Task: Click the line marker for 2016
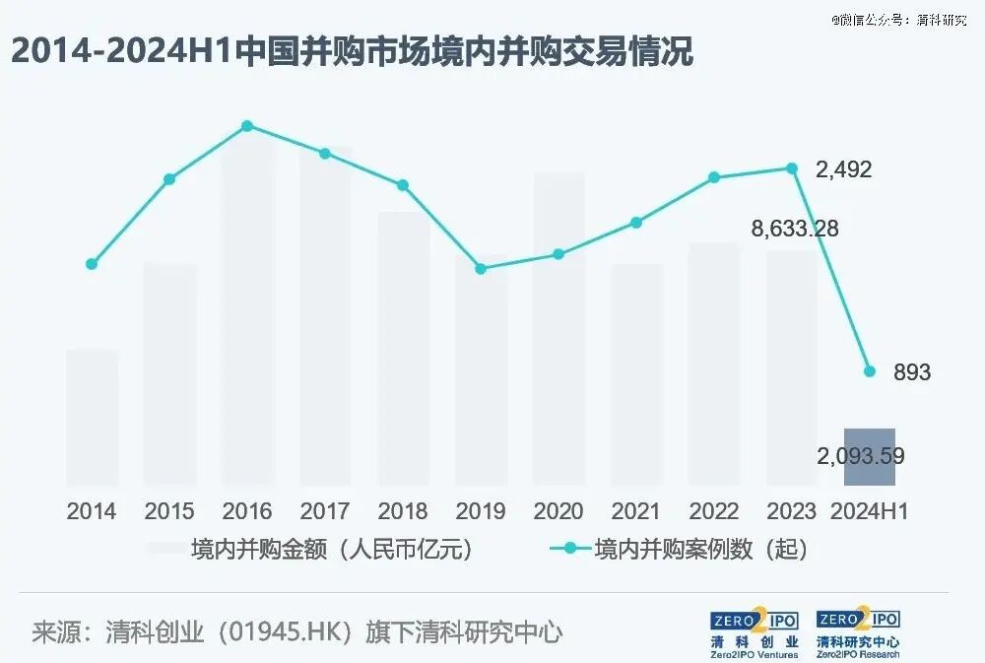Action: click(x=247, y=126)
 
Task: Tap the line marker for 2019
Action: click(x=481, y=269)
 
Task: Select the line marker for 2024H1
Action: click(x=870, y=371)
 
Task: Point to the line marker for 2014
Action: click(x=92, y=264)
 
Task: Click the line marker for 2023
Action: click(x=792, y=168)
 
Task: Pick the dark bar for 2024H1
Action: click(x=870, y=457)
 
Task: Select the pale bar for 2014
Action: click(x=93, y=418)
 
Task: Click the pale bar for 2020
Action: click(x=558, y=329)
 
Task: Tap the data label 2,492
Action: click(x=844, y=169)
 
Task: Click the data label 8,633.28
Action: click(x=795, y=229)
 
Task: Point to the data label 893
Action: click(x=912, y=372)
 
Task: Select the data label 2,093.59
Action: click(x=861, y=455)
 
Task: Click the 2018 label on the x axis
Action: click(x=403, y=511)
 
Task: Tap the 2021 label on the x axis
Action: click(x=635, y=511)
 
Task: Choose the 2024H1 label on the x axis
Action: click(x=870, y=511)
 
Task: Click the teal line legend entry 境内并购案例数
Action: click(x=679, y=550)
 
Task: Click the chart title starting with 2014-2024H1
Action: click(x=353, y=51)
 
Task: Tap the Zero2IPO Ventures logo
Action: click(x=755, y=633)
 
